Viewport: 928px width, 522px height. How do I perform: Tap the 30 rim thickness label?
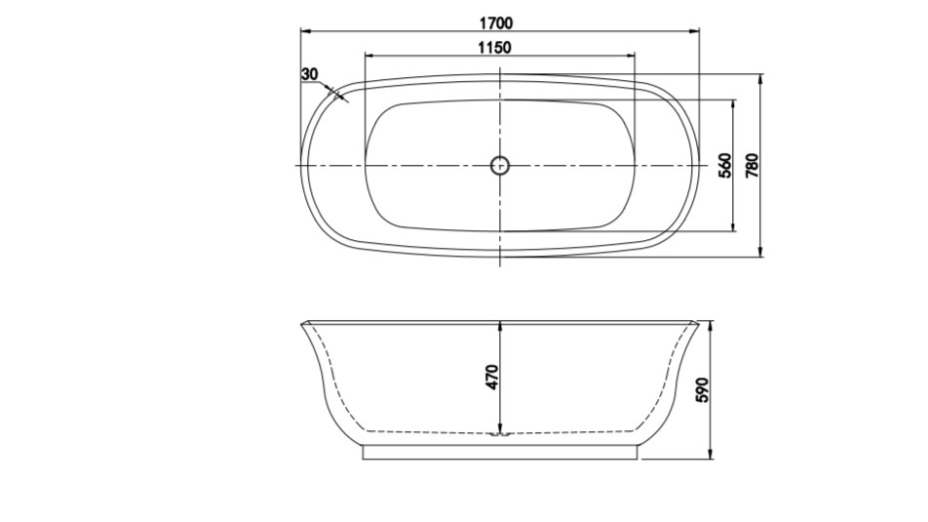[310, 74]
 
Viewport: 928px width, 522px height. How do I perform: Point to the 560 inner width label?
[724, 166]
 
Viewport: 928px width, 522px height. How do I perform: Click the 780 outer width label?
[752, 166]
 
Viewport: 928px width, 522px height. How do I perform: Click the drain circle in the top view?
[500, 165]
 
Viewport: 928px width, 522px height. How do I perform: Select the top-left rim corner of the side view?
[301, 321]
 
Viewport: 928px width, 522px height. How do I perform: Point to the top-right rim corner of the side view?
[699, 321]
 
